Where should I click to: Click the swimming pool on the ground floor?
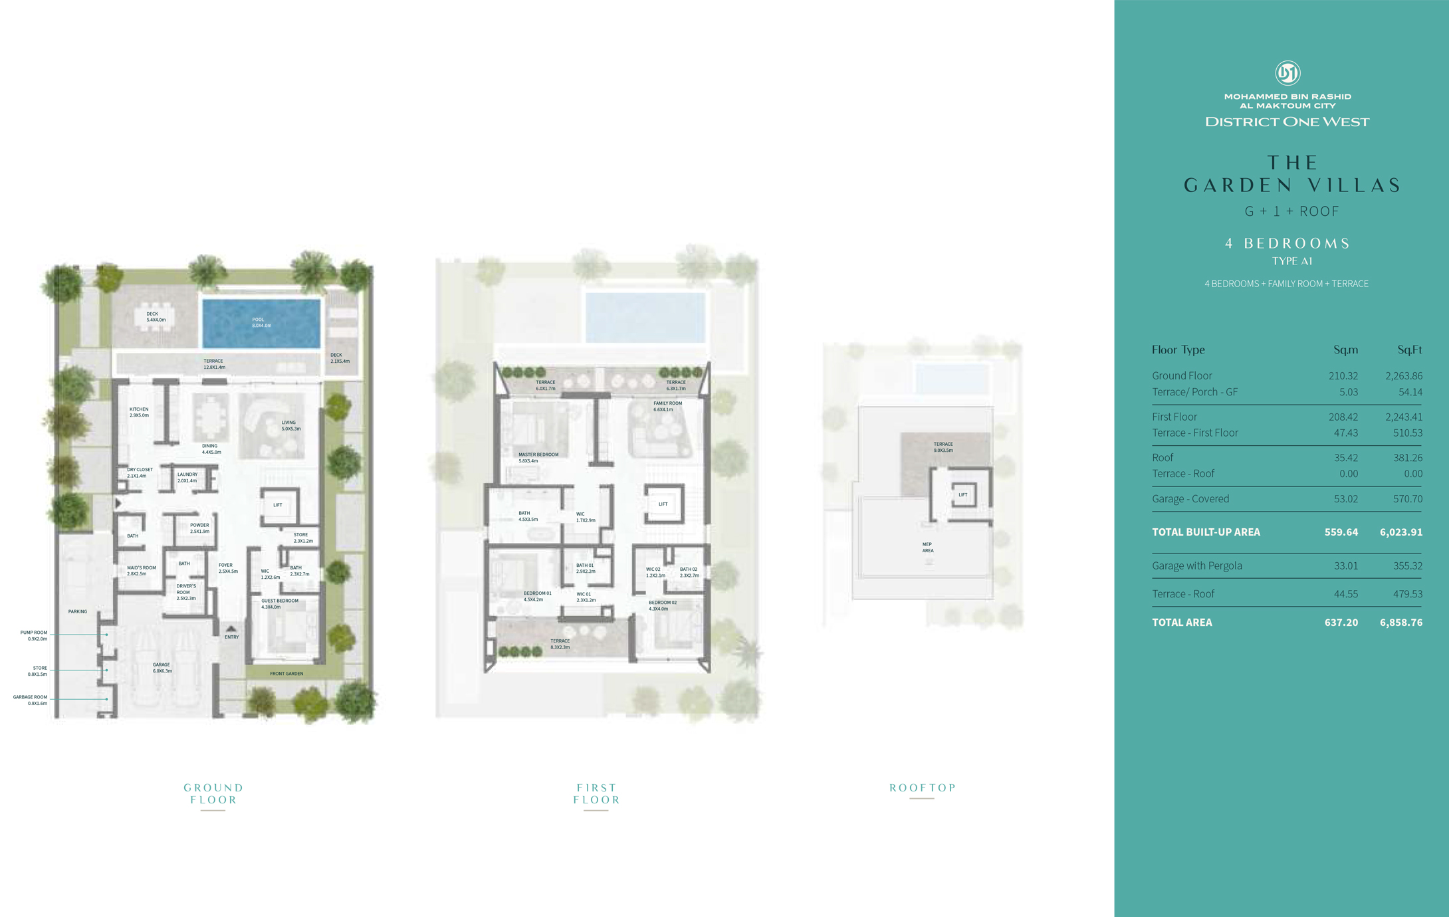pos(261,323)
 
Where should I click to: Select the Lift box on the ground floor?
pos(278,506)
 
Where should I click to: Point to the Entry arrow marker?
pos(231,629)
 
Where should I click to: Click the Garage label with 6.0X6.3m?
pos(162,667)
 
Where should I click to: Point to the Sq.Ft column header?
pos(1409,350)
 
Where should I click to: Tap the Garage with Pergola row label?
pos(1196,566)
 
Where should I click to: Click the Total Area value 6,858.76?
pos(1400,623)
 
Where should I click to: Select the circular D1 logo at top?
pos(1287,73)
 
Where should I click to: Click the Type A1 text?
pos(1291,261)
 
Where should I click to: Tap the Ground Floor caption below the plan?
pos(213,793)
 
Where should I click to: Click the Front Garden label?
pos(286,674)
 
